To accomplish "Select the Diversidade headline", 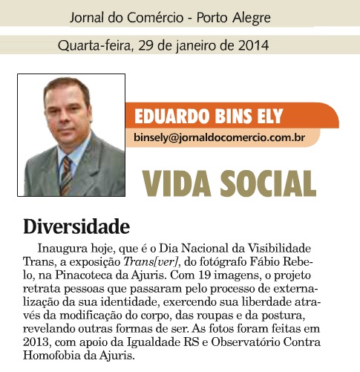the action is point(76,224).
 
